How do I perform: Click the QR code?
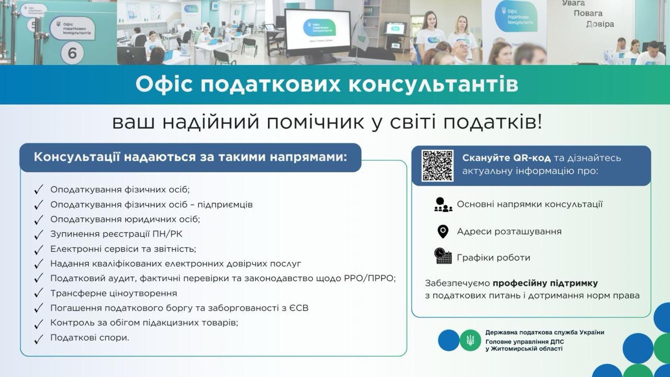coord(437,166)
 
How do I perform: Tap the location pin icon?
coord(443,231)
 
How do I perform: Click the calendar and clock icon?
coord(443,256)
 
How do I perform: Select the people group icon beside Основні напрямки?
coord(443,205)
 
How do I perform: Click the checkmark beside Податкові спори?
coord(39,339)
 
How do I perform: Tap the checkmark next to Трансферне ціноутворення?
coord(39,293)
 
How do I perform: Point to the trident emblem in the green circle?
coord(470,340)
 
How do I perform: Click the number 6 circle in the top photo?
coord(72,53)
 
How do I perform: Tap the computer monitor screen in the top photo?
coord(318,32)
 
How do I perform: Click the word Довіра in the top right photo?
coord(600,24)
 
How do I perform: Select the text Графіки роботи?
coord(494,257)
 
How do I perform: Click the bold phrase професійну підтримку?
coord(545,283)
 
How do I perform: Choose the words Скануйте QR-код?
coord(506,158)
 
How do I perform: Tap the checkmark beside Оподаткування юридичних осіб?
coord(39,220)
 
